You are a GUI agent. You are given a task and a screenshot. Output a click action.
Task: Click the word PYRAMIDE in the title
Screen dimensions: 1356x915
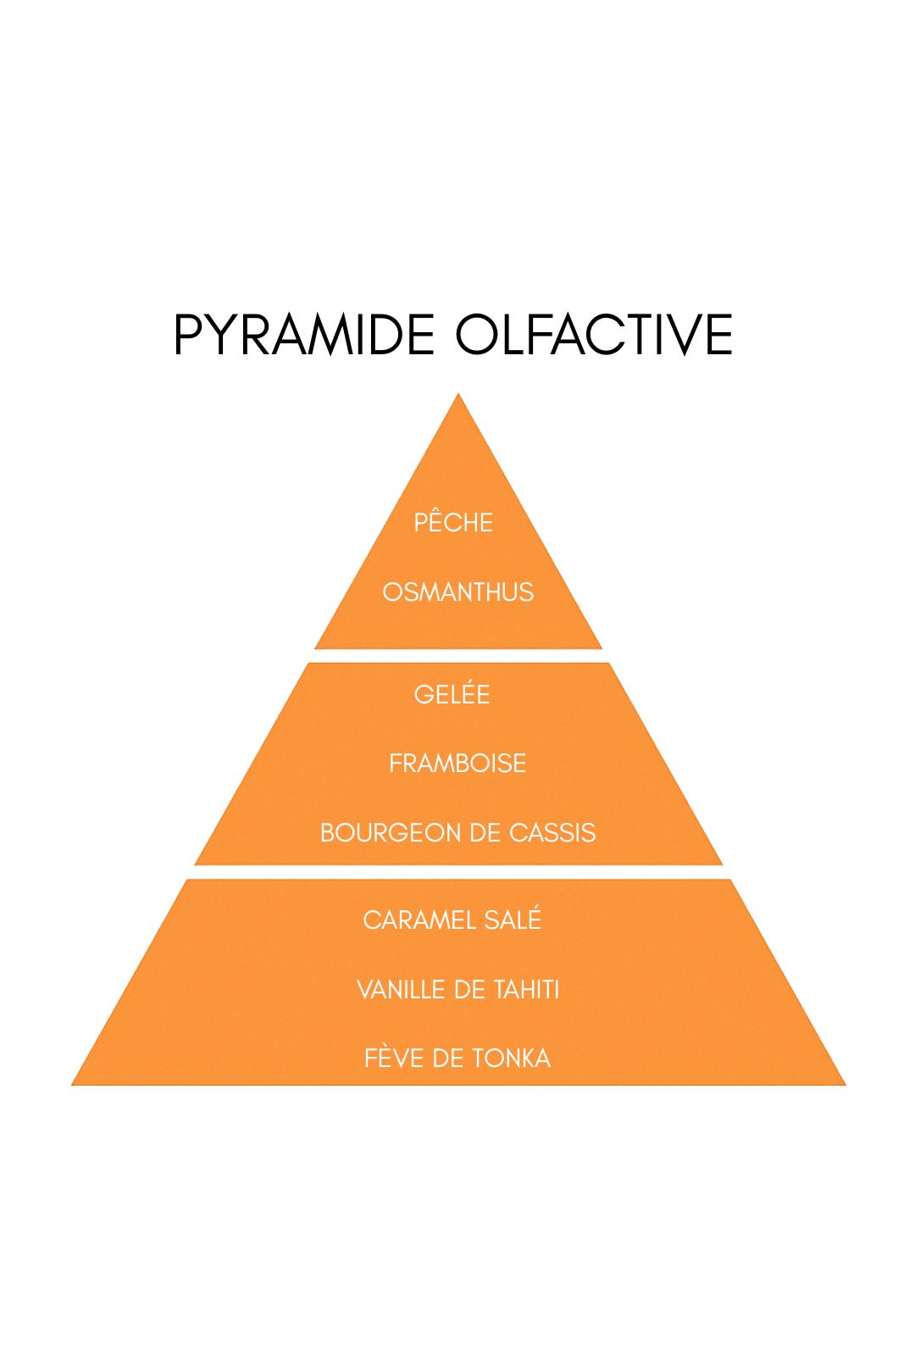pyautogui.click(x=304, y=335)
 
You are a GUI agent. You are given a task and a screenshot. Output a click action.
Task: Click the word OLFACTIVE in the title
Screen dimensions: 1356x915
pyautogui.click(x=594, y=335)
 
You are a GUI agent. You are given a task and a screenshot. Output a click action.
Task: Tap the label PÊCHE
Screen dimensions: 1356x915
pyautogui.click(x=453, y=523)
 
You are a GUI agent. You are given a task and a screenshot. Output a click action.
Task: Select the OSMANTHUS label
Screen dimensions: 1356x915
pyautogui.click(x=458, y=592)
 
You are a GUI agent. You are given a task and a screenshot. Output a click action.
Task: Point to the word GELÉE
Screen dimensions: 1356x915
pyautogui.click(x=452, y=695)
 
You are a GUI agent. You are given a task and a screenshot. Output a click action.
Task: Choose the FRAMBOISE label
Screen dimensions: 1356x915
pyautogui.click(x=457, y=764)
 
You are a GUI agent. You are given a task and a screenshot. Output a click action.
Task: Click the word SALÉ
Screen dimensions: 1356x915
pyautogui.click(x=513, y=920)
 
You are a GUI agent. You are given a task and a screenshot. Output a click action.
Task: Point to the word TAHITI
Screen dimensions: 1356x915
pyautogui.click(x=526, y=990)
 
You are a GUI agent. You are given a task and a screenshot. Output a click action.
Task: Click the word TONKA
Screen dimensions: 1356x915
pyautogui.click(x=511, y=1059)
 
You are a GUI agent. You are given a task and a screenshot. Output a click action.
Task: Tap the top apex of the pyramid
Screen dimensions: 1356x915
pyautogui.click(x=458, y=396)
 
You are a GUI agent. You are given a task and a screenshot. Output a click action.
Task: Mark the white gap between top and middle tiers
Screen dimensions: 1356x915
pyautogui.click(x=458, y=656)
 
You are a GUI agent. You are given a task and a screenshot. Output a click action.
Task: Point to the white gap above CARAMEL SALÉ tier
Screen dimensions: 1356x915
pyautogui.click(x=458, y=872)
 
